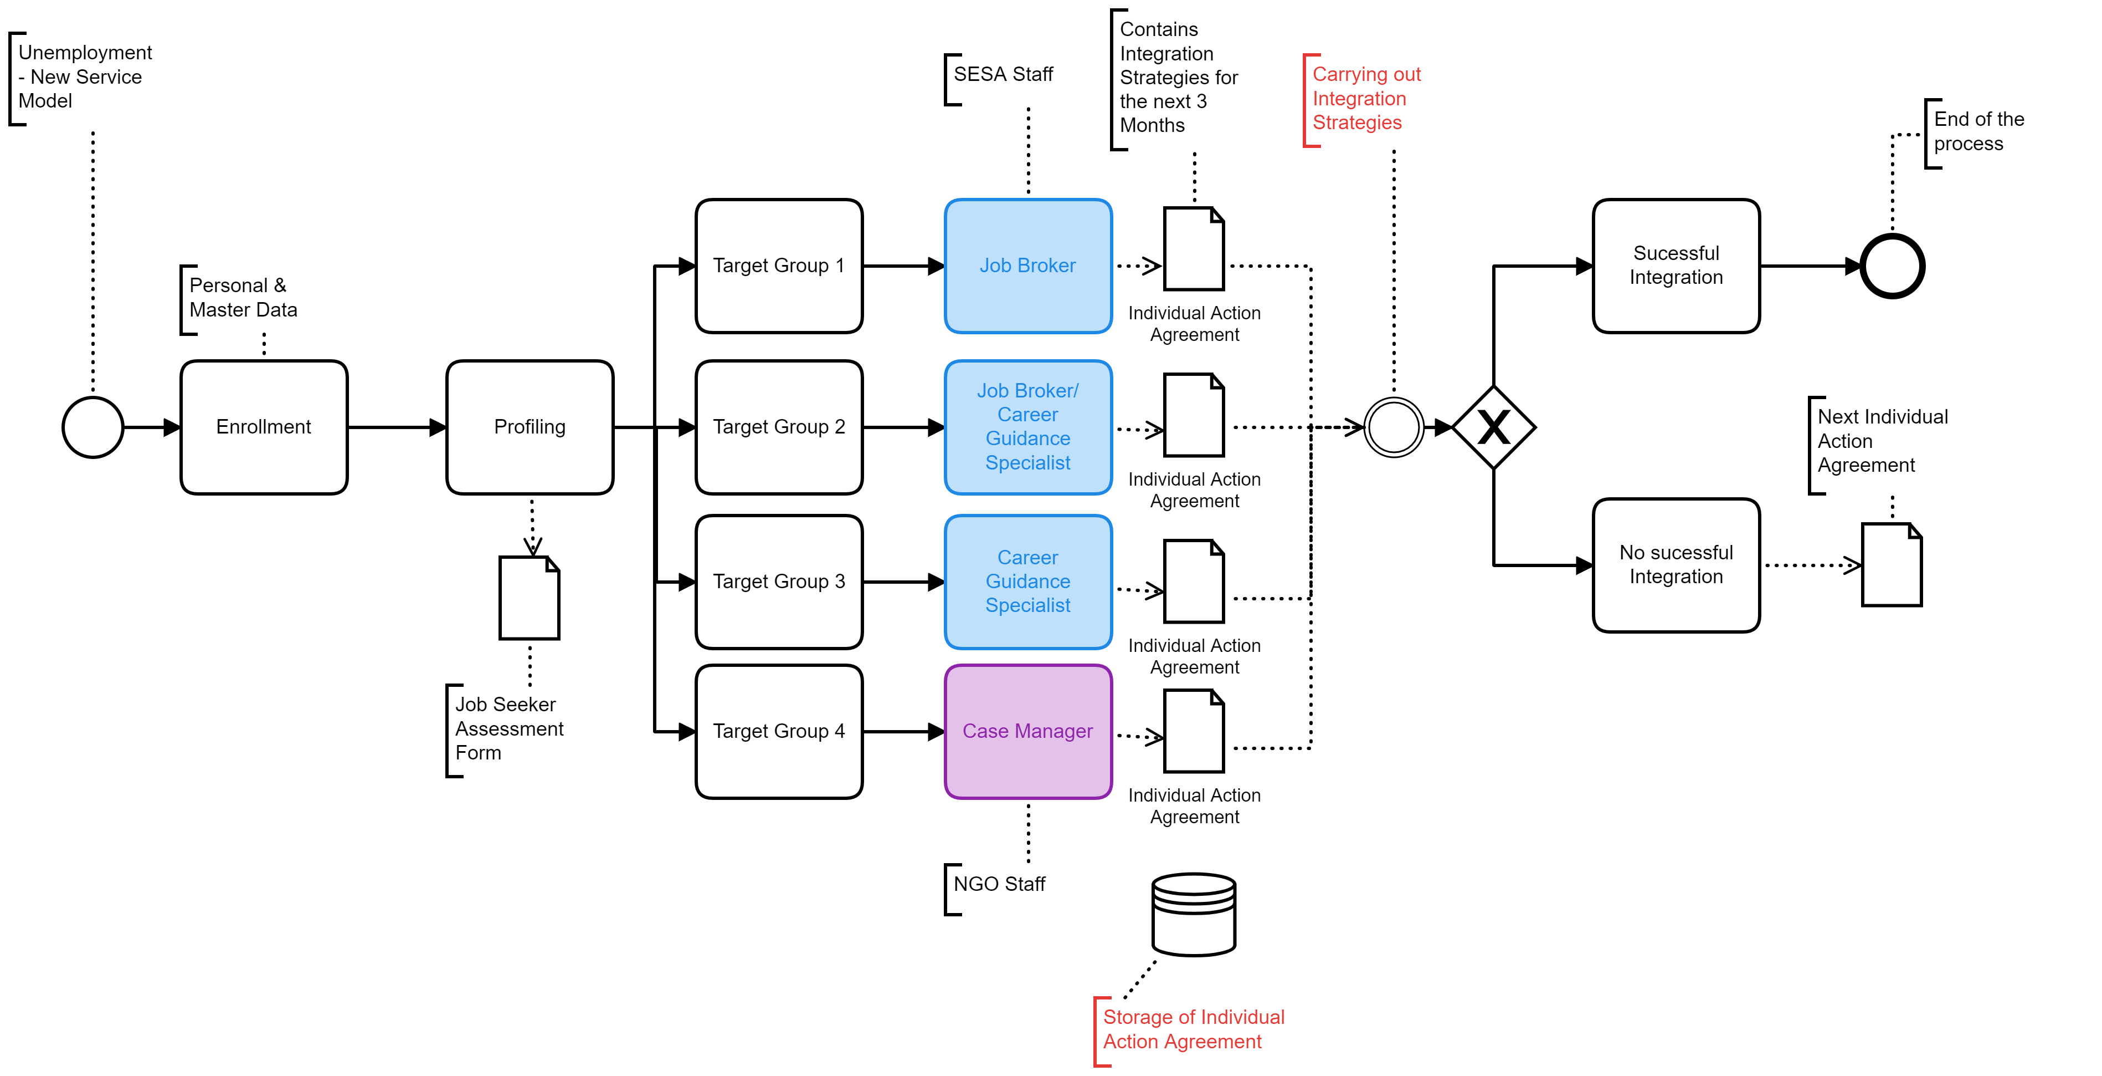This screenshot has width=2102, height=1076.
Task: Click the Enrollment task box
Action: [x=264, y=427]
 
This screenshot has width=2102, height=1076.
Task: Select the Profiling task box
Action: [x=530, y=427]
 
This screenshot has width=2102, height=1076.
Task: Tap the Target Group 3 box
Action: [x=778, y=582]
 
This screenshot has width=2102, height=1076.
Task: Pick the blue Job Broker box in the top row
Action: [x=1027, y=266]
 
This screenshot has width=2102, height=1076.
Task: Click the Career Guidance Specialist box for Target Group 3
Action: [x=1027, y=582]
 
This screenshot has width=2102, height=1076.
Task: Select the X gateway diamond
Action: [x=1493, y=427]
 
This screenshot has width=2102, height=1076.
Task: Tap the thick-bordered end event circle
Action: [x=1892, y=266]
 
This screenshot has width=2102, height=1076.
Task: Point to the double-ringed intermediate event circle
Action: [x=1394, y=427]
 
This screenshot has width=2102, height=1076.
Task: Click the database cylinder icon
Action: [x=1193, y=914]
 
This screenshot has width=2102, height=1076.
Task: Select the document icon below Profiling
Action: [x=530, y=598]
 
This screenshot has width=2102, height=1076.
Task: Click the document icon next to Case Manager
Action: [x=1194, y=732]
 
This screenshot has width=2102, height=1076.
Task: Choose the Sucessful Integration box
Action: [x=1676, y=266]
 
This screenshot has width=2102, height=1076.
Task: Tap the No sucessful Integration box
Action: [x=1676, y=565]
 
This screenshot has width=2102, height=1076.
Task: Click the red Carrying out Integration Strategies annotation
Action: [x=1365, y=99]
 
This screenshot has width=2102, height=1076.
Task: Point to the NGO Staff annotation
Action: [x=999, y=884]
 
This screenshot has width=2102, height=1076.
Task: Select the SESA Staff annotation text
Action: [x=1003, y=74]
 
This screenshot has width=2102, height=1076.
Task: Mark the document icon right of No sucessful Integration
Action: [x=1892, y=565]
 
